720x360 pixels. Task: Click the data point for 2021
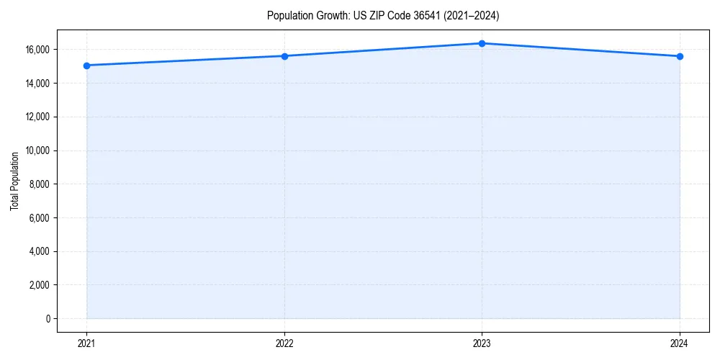(x=86, y=66)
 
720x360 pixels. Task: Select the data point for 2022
(x=284, y=56)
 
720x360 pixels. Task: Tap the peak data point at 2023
(x=482, y=43)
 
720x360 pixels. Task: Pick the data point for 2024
(x=680, y=56)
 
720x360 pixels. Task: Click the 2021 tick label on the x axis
(x=86, y=343)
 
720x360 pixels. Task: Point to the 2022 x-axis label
(x=284, y=343)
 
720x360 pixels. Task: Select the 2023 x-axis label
(x=482, y=343)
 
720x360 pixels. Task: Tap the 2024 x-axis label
(x=680, y=343)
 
